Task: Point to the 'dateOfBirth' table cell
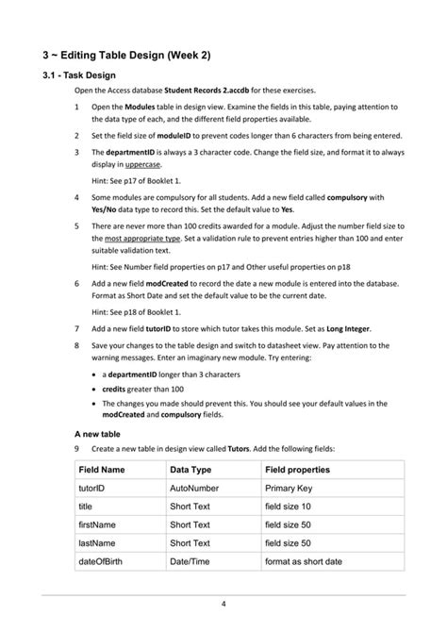tap(105, 563)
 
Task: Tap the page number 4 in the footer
tap(223, 605)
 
